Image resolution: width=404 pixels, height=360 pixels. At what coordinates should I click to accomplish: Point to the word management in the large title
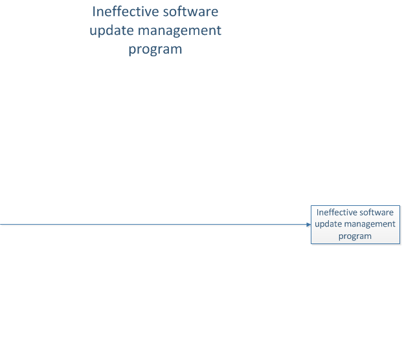click(179, 31)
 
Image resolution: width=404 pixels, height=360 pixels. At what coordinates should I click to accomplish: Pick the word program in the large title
click(155, 50)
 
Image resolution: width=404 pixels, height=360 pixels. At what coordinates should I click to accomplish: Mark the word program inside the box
click(355, 236)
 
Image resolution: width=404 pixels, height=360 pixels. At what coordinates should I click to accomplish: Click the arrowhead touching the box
click(309, 225)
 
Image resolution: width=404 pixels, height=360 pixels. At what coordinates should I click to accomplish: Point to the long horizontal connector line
click(155, 225)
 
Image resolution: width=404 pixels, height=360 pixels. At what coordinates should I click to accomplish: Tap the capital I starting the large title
click(93, 12)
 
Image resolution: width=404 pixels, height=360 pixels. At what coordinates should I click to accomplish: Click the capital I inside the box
click(317, 212)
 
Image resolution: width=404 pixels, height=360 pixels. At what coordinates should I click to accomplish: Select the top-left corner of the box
click(311, 206)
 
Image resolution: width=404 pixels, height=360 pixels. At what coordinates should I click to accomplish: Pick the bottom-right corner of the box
click(400, 244)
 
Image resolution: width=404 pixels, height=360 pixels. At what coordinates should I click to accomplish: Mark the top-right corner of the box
click(400, 206)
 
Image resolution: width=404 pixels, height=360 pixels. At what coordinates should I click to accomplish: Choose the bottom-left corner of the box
click(311, 244)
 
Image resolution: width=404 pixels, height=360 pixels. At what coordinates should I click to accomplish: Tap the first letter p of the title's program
click(132, 51)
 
